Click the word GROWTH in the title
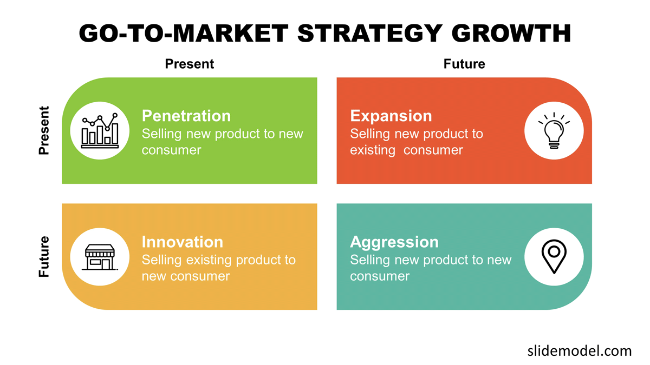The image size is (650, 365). coord(511,34)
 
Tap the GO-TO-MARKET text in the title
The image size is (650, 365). coord(183,34)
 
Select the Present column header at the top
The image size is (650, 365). coord(189,64)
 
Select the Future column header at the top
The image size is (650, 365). coord(464,64)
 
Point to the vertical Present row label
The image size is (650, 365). coord(44,130)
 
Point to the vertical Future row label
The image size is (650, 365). coord(44,257)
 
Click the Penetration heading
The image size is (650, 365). coord(186,116)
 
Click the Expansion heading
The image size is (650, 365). coord(391,116)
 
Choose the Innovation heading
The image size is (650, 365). coord(182,242)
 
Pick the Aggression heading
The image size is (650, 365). coord(394,242)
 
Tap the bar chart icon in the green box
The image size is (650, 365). coord(100,131)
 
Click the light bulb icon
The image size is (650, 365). coord(554,131)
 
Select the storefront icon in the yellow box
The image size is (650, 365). coord(100,257)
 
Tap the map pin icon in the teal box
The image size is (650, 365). coord(554,257)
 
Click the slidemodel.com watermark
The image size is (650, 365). coord(579,350)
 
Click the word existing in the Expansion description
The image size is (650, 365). coord(373,150)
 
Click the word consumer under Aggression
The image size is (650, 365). coord(379,276)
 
